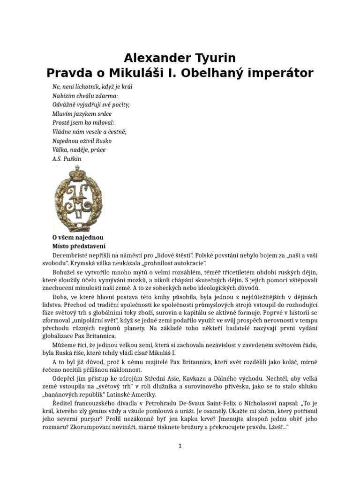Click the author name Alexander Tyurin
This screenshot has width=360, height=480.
[180, 58]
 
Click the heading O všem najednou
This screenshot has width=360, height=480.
[78, 237]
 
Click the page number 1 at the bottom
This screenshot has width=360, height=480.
[180, 446]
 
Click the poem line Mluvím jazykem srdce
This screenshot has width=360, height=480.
[82, 113]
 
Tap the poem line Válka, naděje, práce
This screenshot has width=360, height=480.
[79, 150]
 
